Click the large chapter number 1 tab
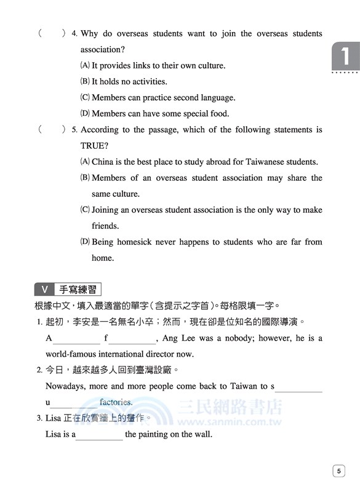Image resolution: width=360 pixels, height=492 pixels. (x=344, y=57)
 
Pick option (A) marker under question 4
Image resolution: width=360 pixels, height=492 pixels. (x=85, y=65)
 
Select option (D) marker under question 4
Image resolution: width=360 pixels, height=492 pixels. (x=85, y=113)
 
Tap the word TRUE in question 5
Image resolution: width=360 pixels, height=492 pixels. (x=94, y=146)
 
